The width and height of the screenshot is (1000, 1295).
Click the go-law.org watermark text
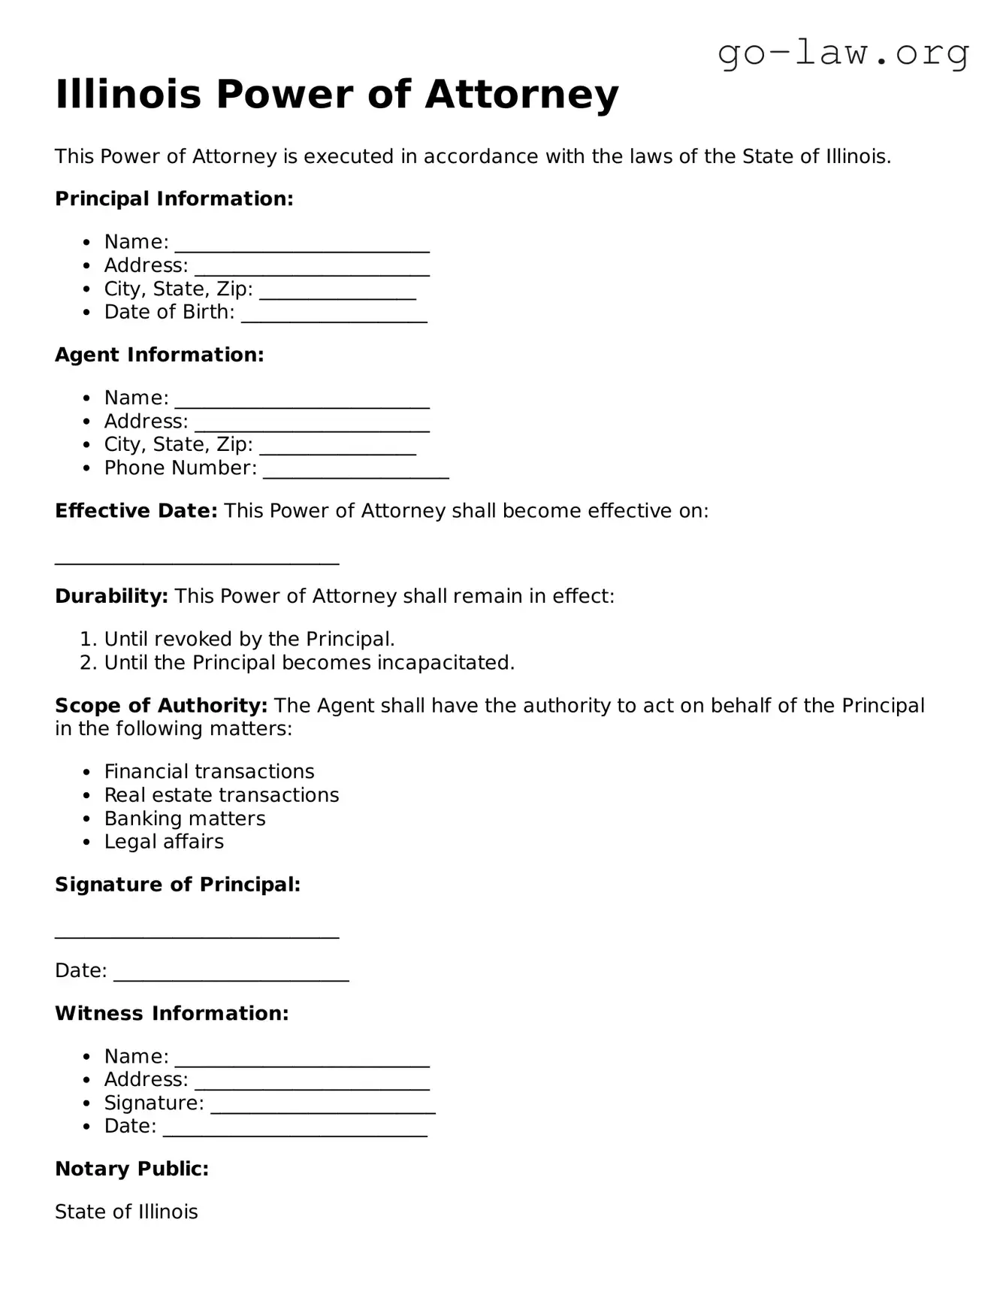coord(843,53)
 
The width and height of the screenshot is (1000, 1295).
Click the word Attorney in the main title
coord(521,95)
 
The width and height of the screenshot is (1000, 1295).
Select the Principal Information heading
coord(174,199)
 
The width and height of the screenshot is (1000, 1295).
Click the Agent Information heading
coord(159,355)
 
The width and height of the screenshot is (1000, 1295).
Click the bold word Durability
coord(111,597)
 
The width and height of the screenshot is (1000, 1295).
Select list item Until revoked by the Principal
coord(249,640)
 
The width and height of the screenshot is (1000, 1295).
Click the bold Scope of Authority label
coord(161,706)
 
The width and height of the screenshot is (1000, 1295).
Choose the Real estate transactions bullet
coord(221,795)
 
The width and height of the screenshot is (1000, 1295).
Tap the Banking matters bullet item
coord(184,818)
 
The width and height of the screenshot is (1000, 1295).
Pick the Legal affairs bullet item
coord(164,842)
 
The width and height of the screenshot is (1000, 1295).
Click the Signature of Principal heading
coord(177,885)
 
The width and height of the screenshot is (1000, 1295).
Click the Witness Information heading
coord(171,1014)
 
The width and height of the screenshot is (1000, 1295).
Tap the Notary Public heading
coord(131,1169)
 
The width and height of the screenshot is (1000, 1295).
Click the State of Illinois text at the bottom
coord(126,1212)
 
